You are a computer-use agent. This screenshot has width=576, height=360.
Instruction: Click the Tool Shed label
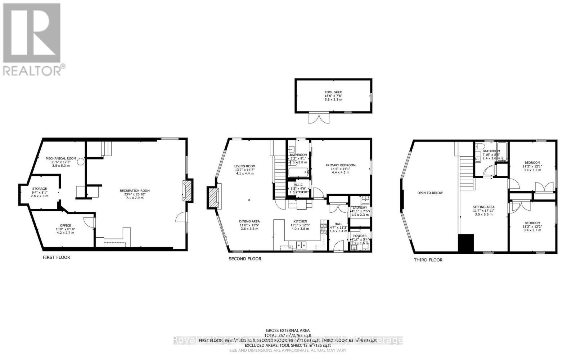333,92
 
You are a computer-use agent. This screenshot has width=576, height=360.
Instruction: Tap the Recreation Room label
135,191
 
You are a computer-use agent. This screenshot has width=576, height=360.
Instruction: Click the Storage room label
39,189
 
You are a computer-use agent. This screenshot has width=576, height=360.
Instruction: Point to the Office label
66,225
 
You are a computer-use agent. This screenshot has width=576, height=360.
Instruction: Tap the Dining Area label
249,221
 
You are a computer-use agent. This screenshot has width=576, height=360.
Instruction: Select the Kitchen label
300,221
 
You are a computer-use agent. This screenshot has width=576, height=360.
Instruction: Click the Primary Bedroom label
340,165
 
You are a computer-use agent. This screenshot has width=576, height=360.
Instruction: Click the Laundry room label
360,208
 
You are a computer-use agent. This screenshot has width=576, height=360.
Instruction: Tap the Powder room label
360,236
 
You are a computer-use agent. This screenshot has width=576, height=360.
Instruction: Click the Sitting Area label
483,207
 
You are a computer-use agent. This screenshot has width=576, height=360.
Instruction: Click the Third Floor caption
428,260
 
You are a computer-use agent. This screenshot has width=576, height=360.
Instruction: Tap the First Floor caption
56,257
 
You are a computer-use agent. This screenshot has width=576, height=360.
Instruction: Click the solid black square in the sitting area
466,243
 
